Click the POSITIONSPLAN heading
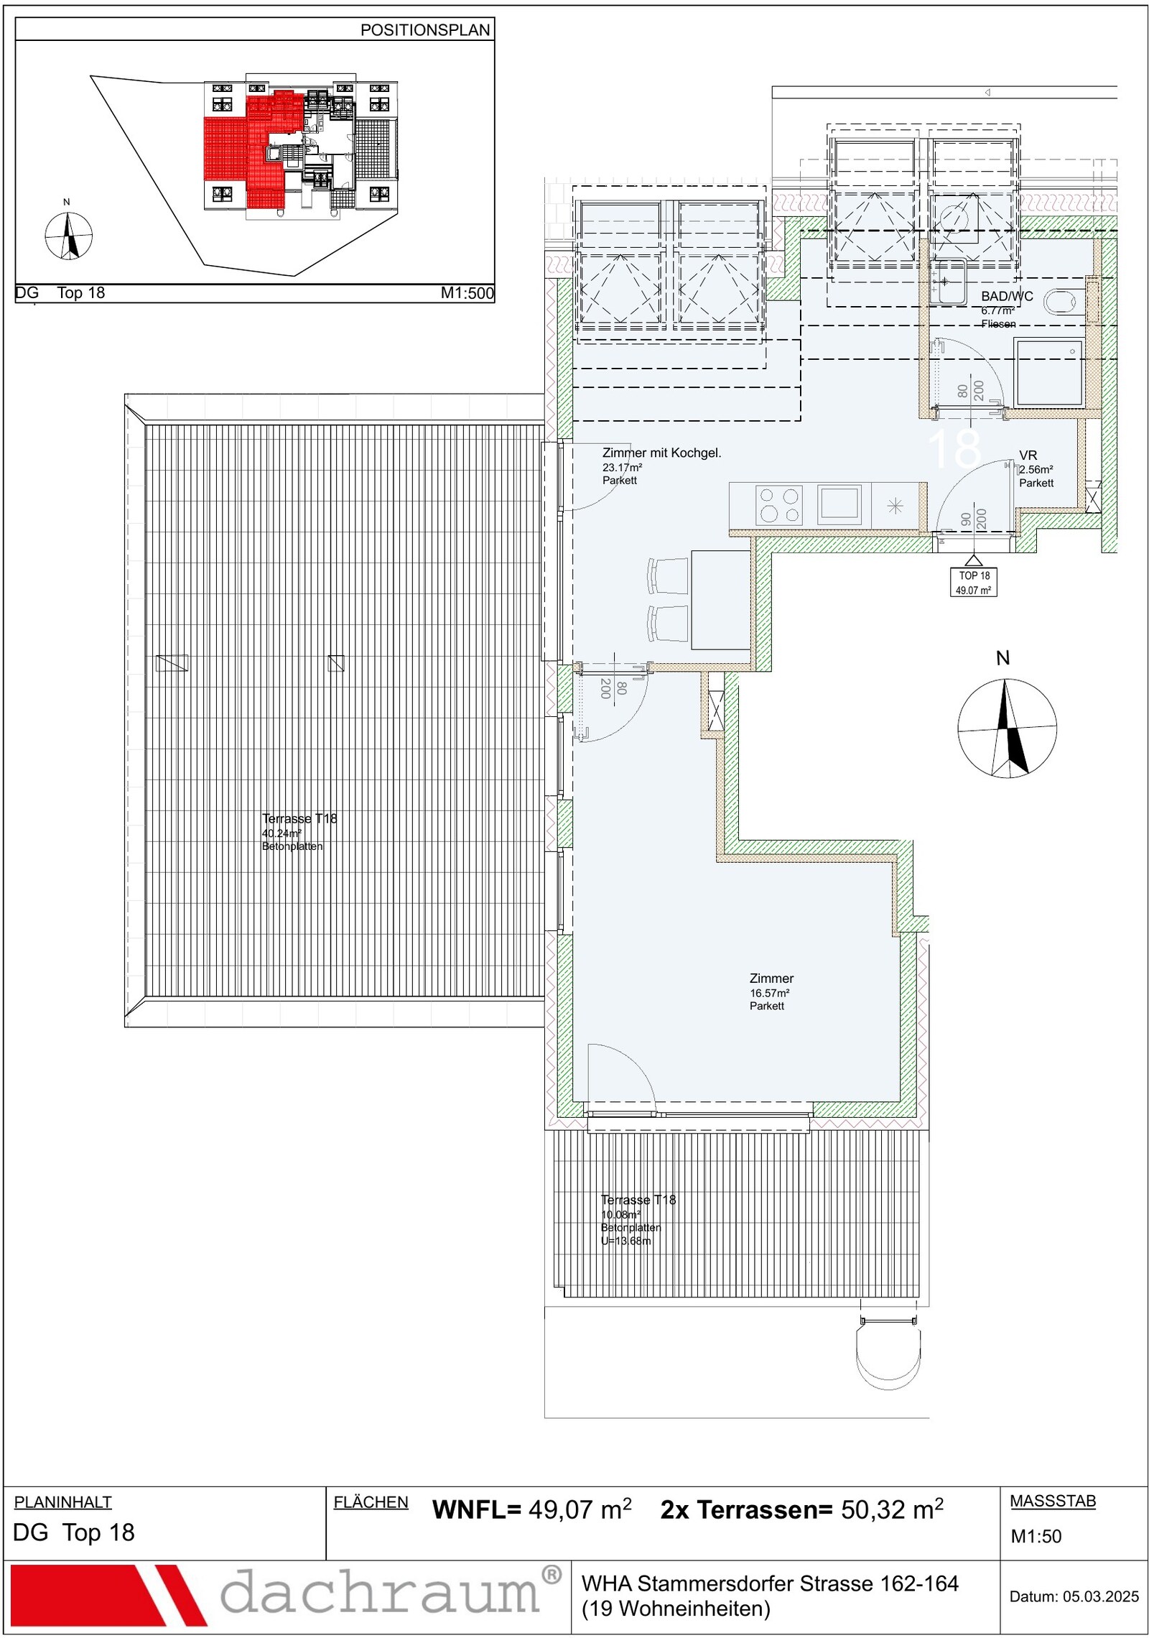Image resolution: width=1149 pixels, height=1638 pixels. [425, 30]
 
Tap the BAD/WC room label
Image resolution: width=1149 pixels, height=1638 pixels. [1007, 296]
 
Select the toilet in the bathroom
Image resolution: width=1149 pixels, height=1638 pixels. [1064, 302]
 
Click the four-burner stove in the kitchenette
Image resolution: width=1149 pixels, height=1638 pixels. [779, 504]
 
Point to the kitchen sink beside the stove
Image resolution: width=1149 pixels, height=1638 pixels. [839, 502]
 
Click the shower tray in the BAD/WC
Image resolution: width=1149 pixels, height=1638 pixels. [1049, 374]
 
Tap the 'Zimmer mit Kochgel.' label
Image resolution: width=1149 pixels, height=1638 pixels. [661, 453]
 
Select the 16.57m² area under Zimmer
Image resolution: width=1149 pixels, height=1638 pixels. [769, 993]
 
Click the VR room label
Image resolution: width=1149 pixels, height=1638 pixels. [1028, 455]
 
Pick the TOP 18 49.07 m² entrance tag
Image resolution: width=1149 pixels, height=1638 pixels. [973, 583]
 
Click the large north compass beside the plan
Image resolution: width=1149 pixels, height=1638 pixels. [1007, 728]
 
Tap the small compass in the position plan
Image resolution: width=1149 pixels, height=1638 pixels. [68, 235]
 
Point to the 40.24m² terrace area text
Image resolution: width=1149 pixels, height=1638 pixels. [282, 833]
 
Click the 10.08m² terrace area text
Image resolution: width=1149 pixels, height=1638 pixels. [620, 1215]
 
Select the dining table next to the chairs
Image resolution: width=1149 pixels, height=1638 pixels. [720, 600]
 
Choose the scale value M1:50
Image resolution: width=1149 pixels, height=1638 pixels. [1036, 1536]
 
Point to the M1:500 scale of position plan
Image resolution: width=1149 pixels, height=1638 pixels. [467, 293]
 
